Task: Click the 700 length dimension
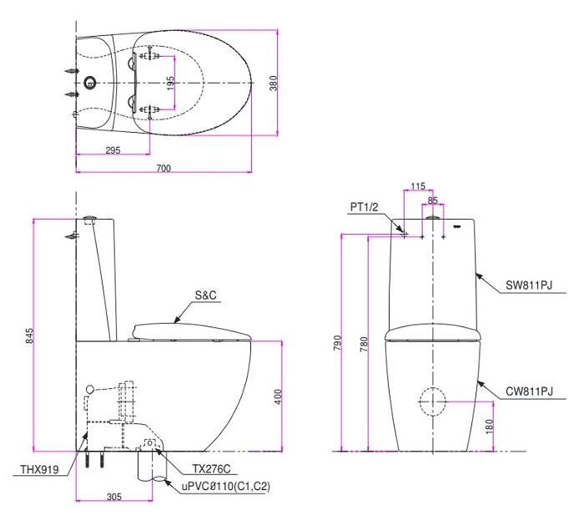pyautogui.click(x=164, y=168)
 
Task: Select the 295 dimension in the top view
pyautogui.click(x=113, y=150)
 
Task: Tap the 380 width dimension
pyautogui.click(x=284, y=82)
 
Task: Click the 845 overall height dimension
pyautogui.click(x=29, y=336)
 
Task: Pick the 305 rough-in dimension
pyautogui.click(x=114, y=497)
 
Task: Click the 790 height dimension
pyautogui.click(x=337, y=343)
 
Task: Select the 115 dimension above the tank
pyautogui.click(x=418, y=185)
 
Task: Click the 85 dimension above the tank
pyautogui.click(x=432, y=200)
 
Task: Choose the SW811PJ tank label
pyautogui.click(x=529, y=285)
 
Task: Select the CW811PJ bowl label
pyautogui.click(x=529, y=391)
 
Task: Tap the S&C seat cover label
pyautogui.click(x=206, y=295)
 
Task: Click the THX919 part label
pyautogui.click(x=39, y=470)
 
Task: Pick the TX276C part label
pyautogui.click(x=209, y=470)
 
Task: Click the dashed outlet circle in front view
pyautogui.click(x=432, y=402)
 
